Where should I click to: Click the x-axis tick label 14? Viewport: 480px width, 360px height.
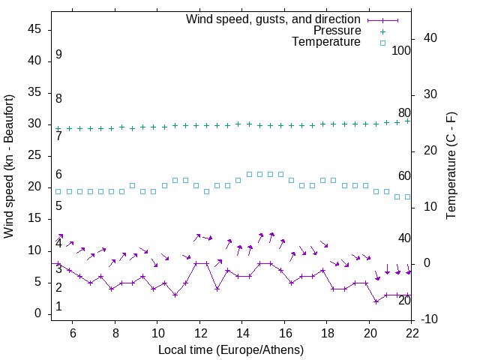[242, 333]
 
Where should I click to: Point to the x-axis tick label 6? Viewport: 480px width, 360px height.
[73, 333]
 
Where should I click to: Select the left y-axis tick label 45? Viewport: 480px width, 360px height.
[34, 29]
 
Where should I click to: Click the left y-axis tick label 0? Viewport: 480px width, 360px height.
[38, 313]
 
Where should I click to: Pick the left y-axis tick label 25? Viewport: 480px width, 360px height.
[34, 156]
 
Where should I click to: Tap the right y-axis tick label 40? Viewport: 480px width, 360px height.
[430, 38]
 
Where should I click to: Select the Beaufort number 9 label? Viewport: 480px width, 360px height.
[58, 55]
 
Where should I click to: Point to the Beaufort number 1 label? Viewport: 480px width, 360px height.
[58, 307]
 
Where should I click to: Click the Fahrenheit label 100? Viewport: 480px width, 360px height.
[401, 51]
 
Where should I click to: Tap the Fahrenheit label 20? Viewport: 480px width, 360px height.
[404, 301]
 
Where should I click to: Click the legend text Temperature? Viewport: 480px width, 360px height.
[326, 43]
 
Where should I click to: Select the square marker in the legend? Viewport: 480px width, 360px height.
[382, 43]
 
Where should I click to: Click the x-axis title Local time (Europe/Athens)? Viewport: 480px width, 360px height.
[231, 349]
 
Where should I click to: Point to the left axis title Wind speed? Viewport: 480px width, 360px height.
[9, 166]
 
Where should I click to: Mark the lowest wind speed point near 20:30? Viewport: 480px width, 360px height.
[376, 301]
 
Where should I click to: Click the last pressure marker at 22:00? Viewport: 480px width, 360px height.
[408, 121]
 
